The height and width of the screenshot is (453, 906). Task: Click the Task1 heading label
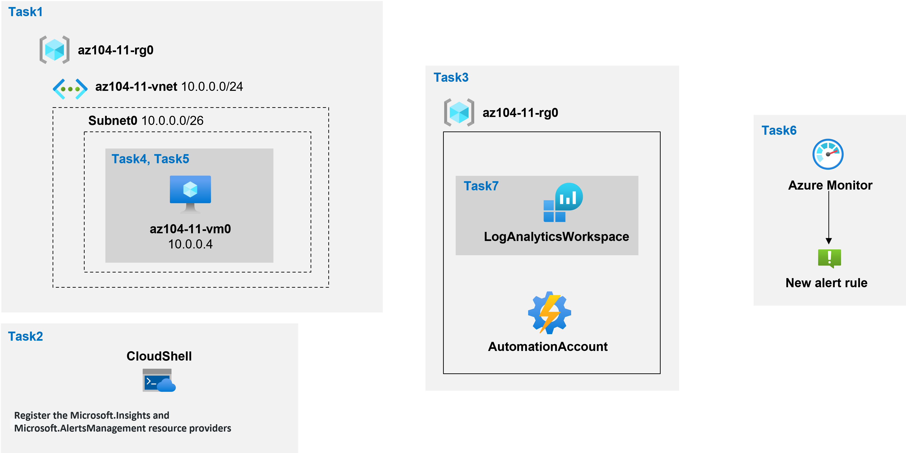25,12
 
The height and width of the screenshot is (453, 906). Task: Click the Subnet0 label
113,120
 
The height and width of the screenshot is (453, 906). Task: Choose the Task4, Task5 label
150,159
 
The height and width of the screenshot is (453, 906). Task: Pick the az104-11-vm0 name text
190,229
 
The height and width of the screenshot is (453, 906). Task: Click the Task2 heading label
25,336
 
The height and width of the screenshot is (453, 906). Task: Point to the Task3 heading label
451,77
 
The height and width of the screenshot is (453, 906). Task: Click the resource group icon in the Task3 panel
459,113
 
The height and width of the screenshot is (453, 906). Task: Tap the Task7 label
481,186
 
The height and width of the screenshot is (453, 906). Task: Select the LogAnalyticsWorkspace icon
563,203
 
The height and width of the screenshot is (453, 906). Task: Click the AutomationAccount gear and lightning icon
549,312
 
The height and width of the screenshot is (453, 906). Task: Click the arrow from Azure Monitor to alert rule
829,218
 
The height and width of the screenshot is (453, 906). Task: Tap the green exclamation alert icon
829,258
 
